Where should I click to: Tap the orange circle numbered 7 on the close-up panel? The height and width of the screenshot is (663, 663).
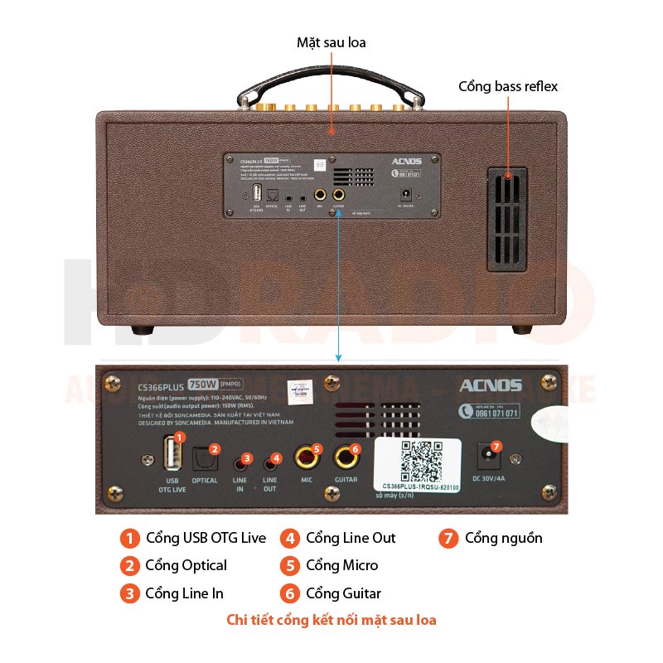(496, 448)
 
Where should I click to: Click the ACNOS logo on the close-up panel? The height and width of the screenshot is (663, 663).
(490, 385)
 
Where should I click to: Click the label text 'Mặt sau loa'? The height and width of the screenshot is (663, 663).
(331, 42)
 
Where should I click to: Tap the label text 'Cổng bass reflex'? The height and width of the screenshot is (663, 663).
(508, 86)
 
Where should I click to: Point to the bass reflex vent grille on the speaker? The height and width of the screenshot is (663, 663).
(506, 219)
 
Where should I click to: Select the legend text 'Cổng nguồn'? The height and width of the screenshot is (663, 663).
(503, 538)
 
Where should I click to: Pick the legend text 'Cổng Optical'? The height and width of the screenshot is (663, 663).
(186, 565)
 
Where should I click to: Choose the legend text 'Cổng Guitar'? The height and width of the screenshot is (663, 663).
(343, 593)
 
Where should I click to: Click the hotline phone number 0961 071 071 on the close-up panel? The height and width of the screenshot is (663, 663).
(490, 412)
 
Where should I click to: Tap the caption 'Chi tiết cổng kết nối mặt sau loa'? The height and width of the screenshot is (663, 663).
(331, 620)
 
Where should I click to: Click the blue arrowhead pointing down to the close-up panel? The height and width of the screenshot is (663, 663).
(338, 357)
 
